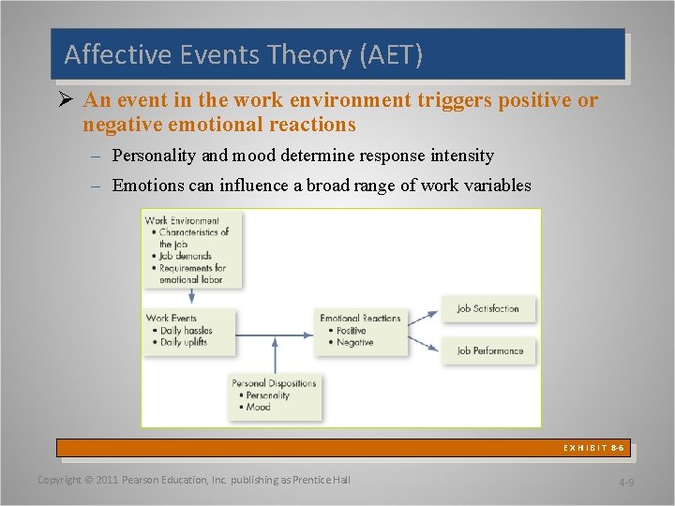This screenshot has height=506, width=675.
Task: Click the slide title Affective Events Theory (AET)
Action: click(x=244, y=55)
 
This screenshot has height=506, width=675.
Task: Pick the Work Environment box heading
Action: click(x=182, y=221)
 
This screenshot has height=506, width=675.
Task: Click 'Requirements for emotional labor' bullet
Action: click(x=192, y=274)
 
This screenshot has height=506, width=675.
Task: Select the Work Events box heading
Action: click(x=172, y=319)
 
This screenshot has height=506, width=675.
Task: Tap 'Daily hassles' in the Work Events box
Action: click(x=186, y=331)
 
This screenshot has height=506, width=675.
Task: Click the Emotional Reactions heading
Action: click(x=360, y=319)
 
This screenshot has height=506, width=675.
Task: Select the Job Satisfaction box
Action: click(x=487, y=309)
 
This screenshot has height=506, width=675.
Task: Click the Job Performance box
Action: click(x=489, y=350)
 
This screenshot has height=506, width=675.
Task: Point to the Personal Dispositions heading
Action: click(x=274, y=383)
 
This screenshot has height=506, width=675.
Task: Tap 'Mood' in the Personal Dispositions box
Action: click(x=258, y=408)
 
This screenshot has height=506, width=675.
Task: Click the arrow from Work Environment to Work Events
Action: click(x=192, y=294)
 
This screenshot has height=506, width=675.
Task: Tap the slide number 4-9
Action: click(x=626, y=483)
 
